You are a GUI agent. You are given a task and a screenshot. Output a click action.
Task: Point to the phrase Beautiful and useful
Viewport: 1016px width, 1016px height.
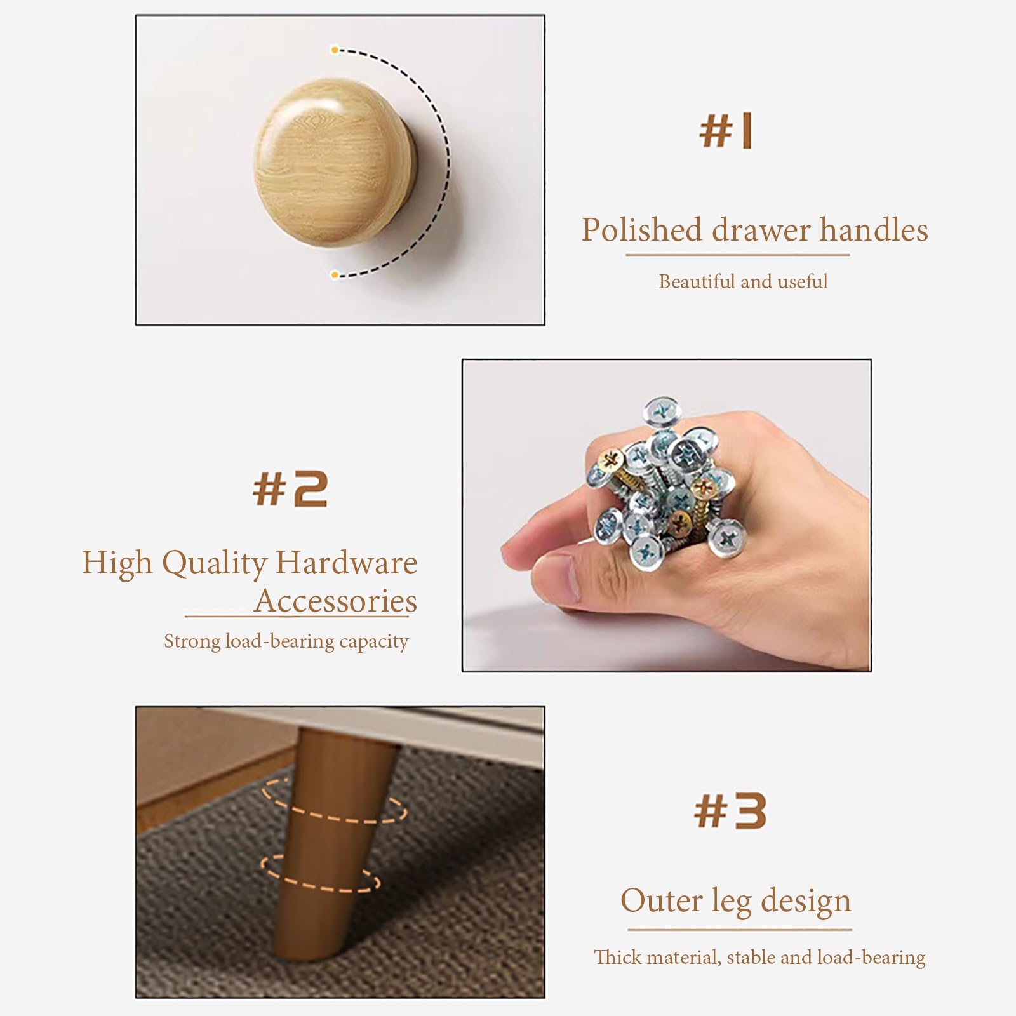click(x=743, y=281)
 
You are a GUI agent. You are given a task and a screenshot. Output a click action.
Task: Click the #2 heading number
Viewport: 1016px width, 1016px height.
click(x=290, y=489)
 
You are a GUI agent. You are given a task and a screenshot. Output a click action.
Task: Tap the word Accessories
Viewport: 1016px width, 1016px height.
click(x=336, y=601)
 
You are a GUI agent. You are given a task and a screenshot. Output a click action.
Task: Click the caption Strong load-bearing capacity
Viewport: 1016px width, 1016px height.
click(x=286, y=641)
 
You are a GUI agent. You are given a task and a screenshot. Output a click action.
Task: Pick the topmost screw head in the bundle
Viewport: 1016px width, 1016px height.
click(x=662, y=413)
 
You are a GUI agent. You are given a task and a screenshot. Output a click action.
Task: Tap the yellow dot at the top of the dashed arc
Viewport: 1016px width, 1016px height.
click(x=334, y=50)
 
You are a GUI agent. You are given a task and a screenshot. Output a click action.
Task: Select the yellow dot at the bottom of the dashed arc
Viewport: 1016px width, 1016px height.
click(x=334, y=274)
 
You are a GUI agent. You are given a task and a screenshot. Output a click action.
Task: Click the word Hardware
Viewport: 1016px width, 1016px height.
click(x=347, y=563)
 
